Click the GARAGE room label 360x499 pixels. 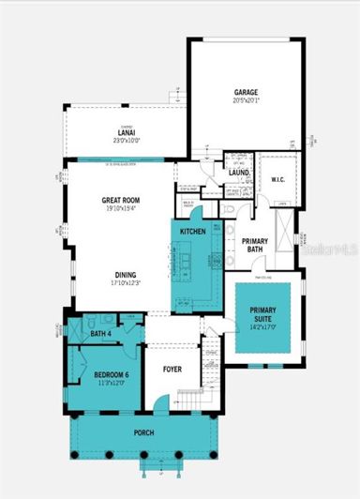point(247,93)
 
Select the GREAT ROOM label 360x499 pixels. point(121,200)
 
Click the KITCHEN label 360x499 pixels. point(193,231)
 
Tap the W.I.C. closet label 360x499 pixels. point(277,178)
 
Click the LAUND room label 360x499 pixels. point(236,173)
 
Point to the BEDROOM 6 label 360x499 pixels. point(103,374)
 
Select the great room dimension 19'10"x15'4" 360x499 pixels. point(121,209)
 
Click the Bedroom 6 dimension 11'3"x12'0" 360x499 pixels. point(103,383)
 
